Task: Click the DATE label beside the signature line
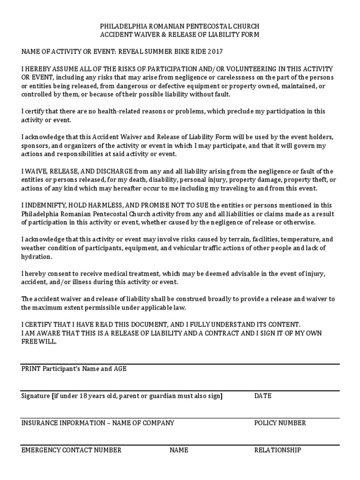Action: click(x=262, y=396)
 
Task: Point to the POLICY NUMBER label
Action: click(x=280, y=423)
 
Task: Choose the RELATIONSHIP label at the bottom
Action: click(x=277, y=450)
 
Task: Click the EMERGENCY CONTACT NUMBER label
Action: click(x=71, y=450)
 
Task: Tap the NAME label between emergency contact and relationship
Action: click(x=179, y=450)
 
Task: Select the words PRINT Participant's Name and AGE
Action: click(x=74, y=369)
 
